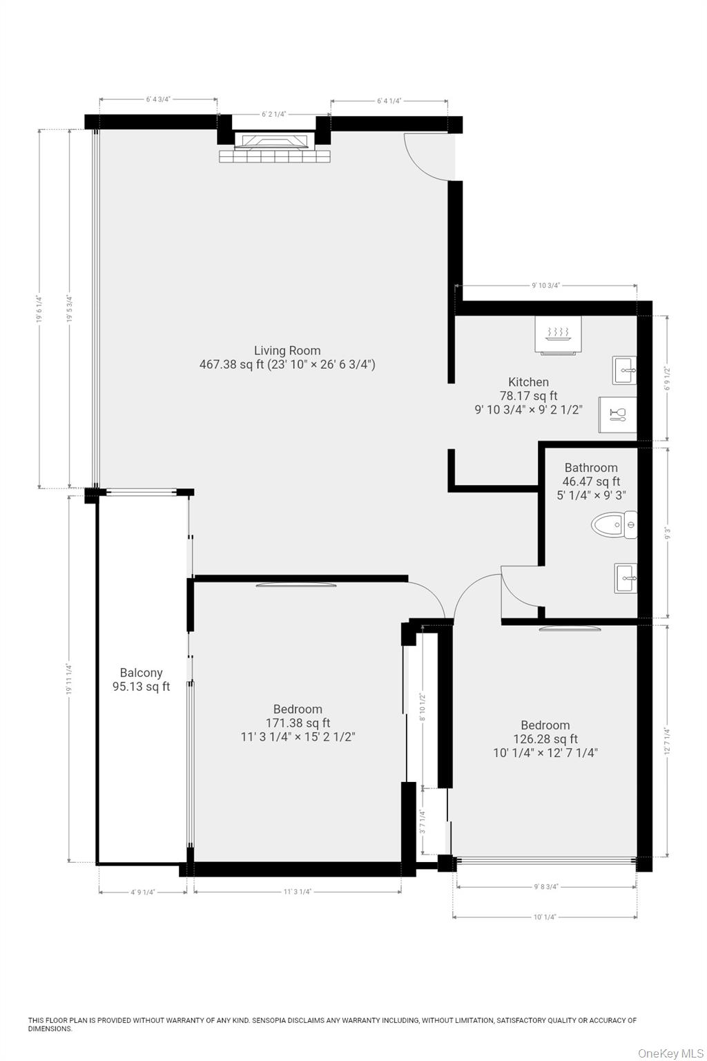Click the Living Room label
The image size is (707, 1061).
[x=287, y=350]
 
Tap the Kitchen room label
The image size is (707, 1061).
[x=528, y=382]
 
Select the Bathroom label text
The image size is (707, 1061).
[x=590, y=468]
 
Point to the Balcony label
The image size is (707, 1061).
[x=141, y=673]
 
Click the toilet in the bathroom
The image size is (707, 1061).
[x=614, y=525]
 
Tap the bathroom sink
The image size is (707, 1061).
[x=626, y=577]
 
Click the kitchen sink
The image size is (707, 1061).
[x=623, y=370]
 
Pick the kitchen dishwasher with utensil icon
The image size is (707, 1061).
[x=617, y=414]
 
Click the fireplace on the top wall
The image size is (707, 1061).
[x=274, y=143]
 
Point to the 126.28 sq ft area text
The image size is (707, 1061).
[x=545, y=739]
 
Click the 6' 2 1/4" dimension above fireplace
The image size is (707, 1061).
[x=273, y=115]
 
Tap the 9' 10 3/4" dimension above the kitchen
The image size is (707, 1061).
[x=545, y=285]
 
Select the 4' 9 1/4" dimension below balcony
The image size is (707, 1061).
[x=143, y=892]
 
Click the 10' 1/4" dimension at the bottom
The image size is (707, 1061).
[x=545, y=917]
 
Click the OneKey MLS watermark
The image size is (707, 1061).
[x=670, y=1053]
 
